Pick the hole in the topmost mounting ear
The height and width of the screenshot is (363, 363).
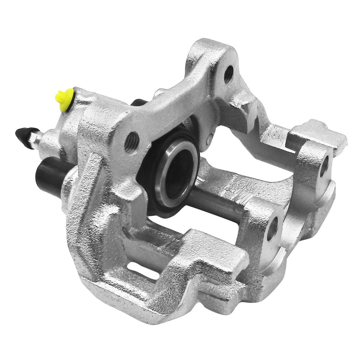pyautogui.click(x=228, y=74)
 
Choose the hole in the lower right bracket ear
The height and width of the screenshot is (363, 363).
pyautogui.click(x=272, y=229)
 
